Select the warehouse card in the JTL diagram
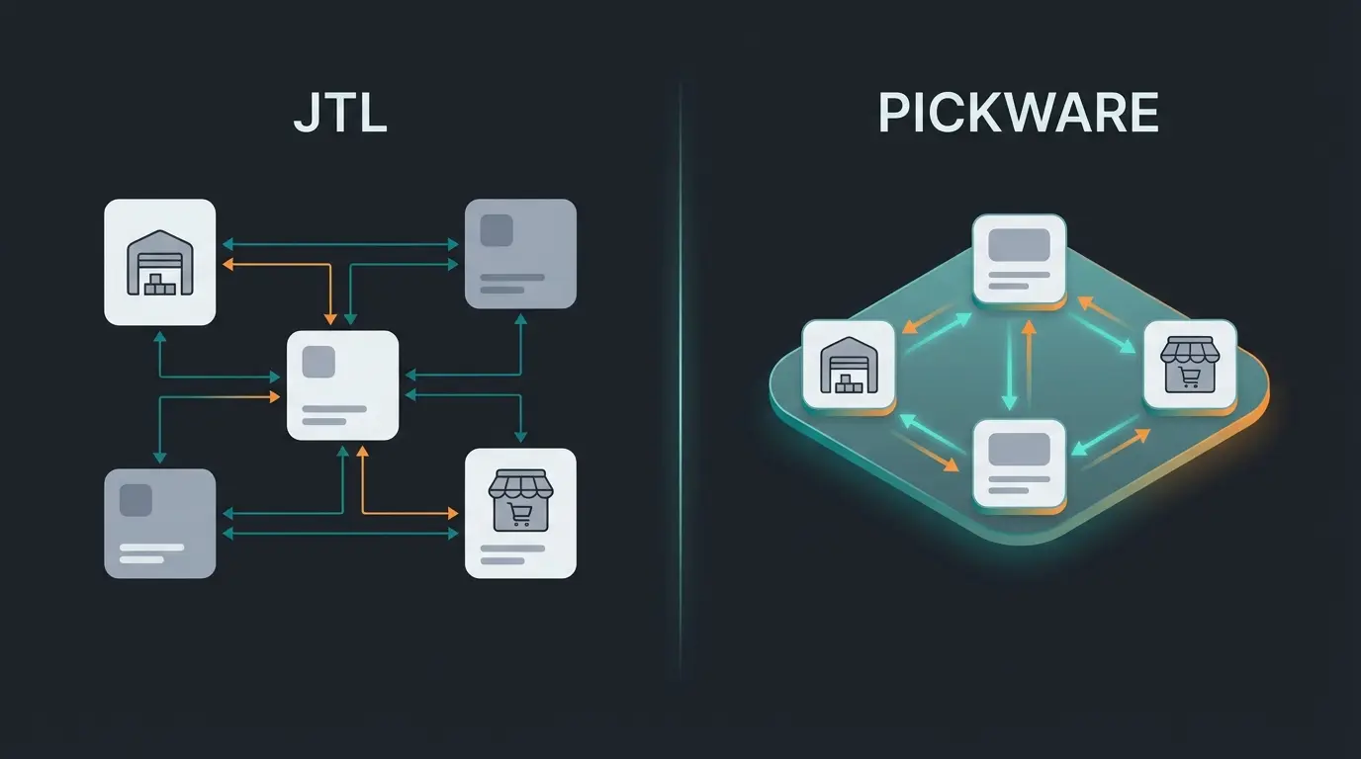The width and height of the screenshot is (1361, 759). [159, 262]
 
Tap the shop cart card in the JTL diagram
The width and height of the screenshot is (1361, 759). [520, 512]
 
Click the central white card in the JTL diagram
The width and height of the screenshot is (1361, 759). [342, 384]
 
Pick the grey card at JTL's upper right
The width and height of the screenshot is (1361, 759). [520, 253]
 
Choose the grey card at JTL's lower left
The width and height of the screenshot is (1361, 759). [159, 523]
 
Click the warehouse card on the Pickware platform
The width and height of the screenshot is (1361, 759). [849, 365]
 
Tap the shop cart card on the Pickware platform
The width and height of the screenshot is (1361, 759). [1190, 365]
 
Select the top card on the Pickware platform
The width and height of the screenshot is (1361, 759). [1019, 258]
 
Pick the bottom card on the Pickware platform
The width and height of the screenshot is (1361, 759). [1019, 465]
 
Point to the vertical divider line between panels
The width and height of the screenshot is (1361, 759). [680, 379]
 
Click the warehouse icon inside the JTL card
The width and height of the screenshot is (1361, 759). [159, 264]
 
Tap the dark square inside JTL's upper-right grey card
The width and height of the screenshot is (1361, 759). [496, 230]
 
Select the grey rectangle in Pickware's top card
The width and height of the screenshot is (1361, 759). [1019, 244]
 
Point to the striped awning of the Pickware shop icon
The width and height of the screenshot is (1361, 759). [1190, 350]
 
